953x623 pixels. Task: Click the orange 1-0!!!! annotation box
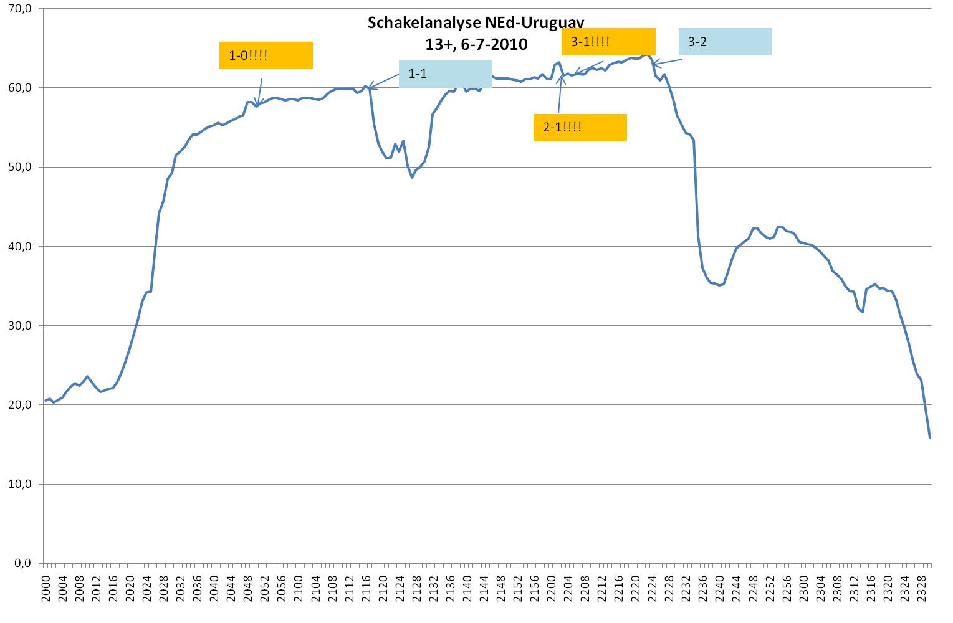[266, 55]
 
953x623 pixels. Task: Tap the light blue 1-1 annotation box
[445, 74]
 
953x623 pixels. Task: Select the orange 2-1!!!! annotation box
[580, 128]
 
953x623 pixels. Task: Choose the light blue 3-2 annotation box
[725, 42]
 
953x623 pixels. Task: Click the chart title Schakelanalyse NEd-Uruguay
[476, 24]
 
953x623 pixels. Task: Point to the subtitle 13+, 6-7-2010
[476, 44]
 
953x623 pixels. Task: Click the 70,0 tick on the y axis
[21, 9]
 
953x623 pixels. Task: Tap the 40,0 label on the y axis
[21, 247]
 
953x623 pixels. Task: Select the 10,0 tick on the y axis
[21, 484]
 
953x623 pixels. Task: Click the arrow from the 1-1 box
[383, 80]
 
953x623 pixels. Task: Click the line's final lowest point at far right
[930, 438]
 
